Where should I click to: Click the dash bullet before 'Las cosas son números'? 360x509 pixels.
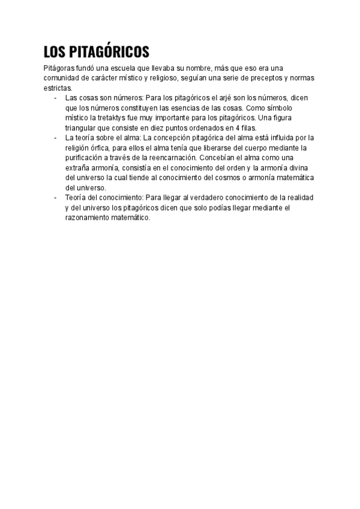pos(55,98)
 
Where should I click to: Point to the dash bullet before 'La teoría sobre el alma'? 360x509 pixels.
pos(55,137)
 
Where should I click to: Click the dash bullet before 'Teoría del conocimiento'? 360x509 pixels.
pos(55,197)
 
